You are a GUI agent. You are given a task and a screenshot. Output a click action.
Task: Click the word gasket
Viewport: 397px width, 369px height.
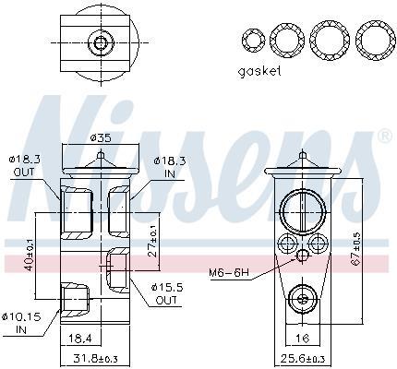click(x=259, y=71)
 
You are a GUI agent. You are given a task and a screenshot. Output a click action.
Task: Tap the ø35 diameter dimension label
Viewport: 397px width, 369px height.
click(x=101, y=138)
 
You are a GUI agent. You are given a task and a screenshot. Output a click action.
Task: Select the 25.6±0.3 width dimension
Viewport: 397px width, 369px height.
click(x=303, y=358)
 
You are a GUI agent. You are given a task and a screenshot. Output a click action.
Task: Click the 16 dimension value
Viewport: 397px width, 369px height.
click(x=303, y=339)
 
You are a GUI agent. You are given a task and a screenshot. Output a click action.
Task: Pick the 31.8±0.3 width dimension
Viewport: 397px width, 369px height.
click(x=96, y=358)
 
